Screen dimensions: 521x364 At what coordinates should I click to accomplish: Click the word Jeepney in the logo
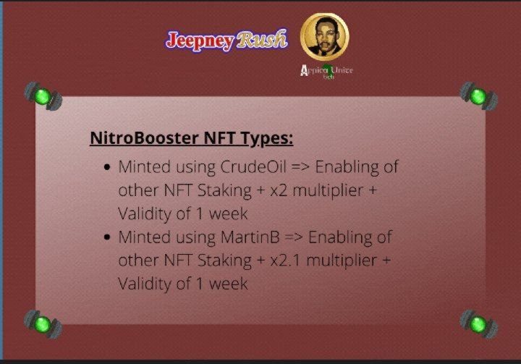[x=200, y=41]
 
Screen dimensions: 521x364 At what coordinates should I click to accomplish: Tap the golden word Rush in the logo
[x=261, y=39]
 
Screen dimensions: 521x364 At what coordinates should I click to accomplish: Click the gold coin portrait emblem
[x=325, y=37]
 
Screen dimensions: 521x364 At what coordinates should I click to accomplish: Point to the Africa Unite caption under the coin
[x=326, y=72]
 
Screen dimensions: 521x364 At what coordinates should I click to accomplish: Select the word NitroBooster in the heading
[x=144, y=137]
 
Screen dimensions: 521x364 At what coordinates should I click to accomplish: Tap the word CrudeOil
[x=253, y=166]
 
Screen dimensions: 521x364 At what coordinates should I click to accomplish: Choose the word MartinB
[x=250, y=237]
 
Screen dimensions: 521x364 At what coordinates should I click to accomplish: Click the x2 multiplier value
[x=279, y=190]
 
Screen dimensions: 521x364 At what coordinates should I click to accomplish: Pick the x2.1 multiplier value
[x=285, y=261]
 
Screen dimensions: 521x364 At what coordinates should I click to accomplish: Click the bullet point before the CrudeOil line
[x=107, y=167]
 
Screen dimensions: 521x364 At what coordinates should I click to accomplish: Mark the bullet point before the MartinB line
[x=107, y=237]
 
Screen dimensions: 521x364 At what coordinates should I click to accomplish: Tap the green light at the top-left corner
[x=43, y=96]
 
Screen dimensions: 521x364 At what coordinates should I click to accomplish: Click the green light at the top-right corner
[x=479, y=96]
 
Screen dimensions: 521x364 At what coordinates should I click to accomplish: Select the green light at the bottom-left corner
[x=43, y=324]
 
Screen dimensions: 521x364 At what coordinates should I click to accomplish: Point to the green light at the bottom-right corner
[x=479, y=324]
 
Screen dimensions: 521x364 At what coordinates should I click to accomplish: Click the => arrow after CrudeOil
[x=300, y=167]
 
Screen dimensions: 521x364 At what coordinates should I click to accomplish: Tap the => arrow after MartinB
[x=294, y=237]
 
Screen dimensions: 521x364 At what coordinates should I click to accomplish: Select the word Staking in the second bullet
[x=224, y=261]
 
